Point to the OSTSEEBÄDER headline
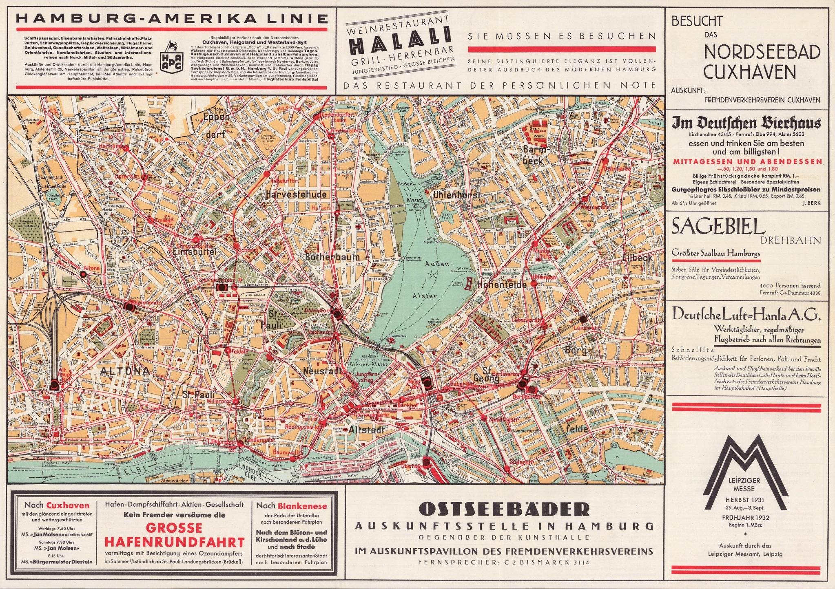504,510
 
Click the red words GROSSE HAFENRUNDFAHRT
175,535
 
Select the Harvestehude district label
296,195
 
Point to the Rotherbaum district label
332,257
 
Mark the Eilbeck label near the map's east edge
638,258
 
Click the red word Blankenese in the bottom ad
302,506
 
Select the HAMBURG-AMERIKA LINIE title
171,19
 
